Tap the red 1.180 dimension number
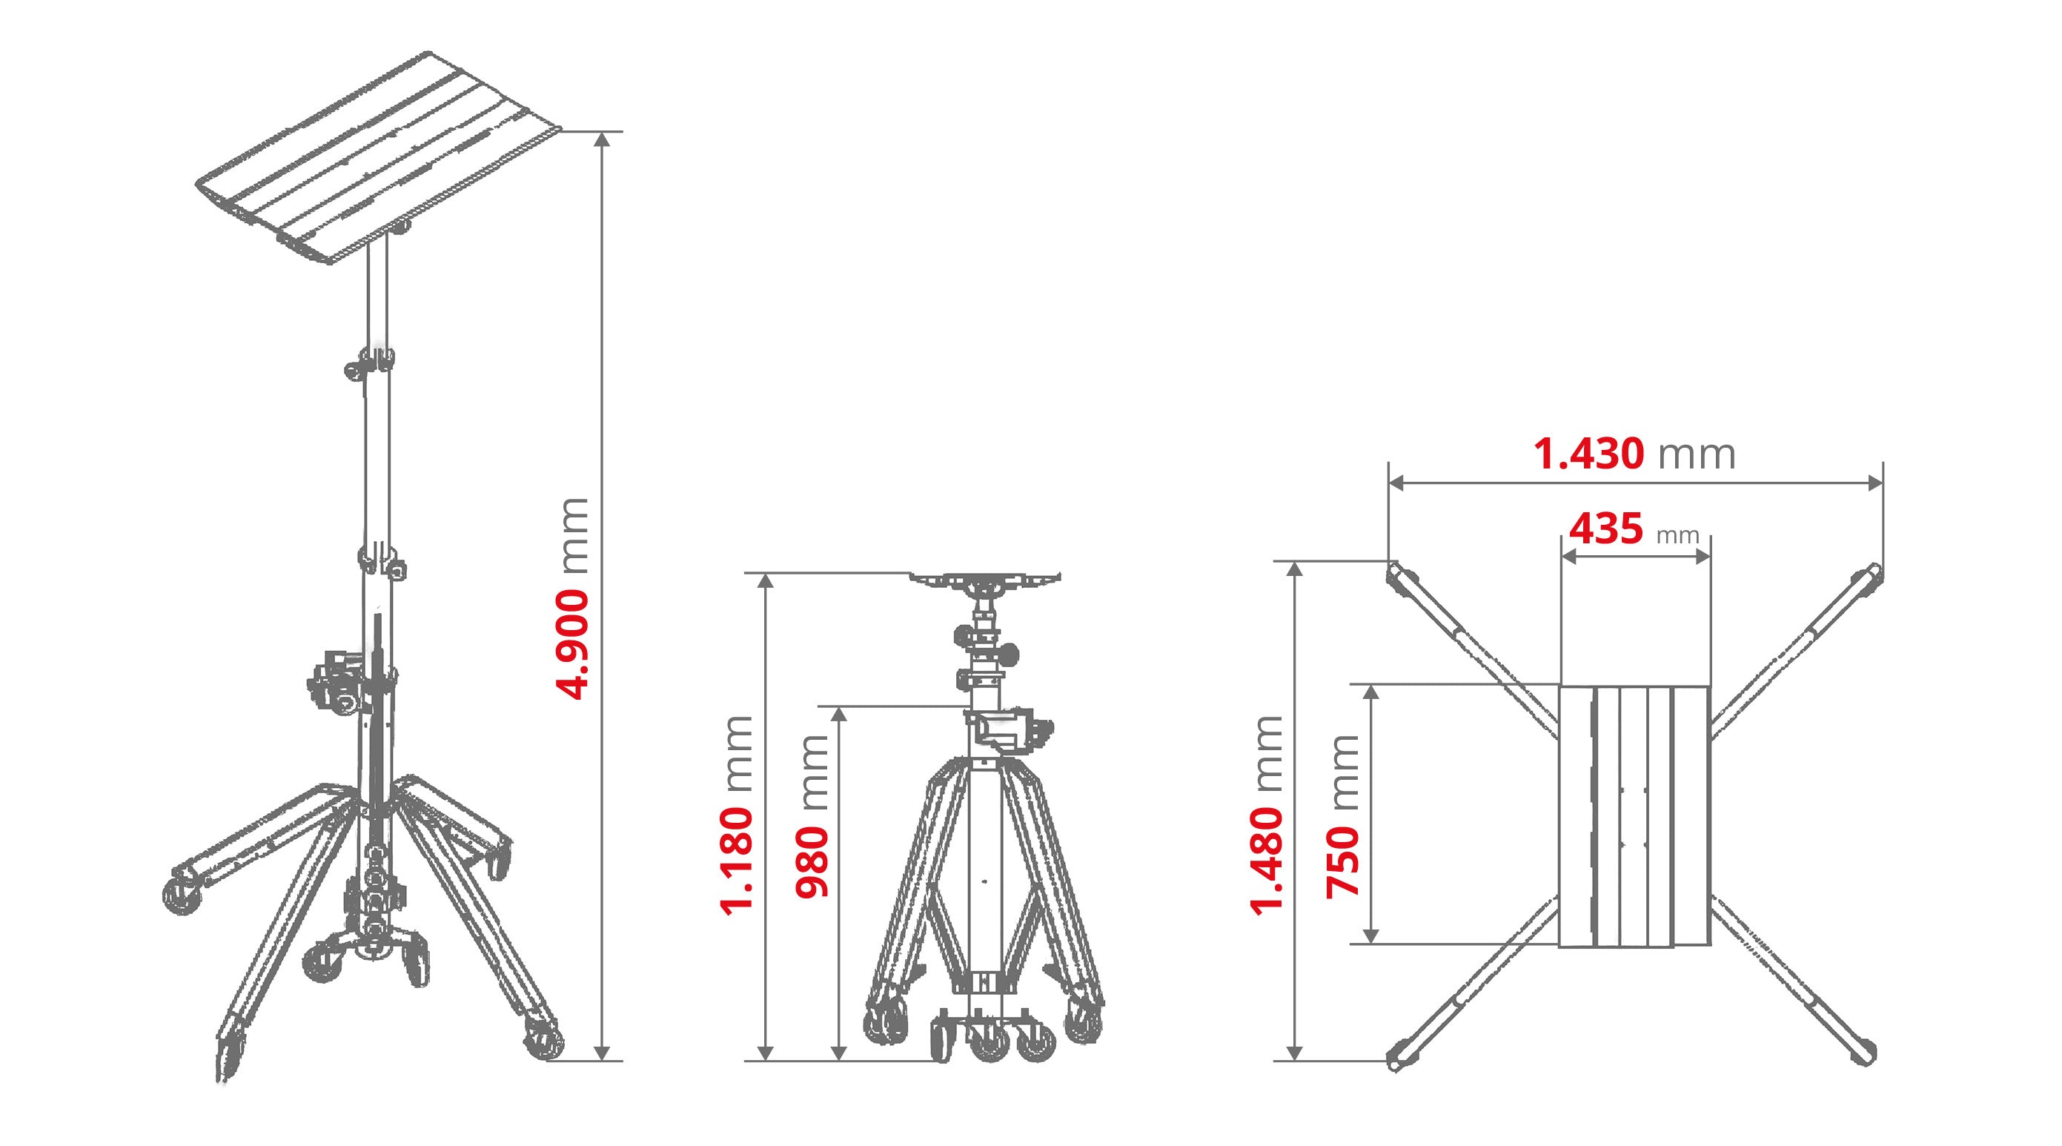pos(737,861)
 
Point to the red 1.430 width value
pos(1588,454)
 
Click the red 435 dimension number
pos(1605,529)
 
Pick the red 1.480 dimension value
pos(1267,861)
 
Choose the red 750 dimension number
pos(1343,861)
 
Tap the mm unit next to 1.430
pos(1696,454)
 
